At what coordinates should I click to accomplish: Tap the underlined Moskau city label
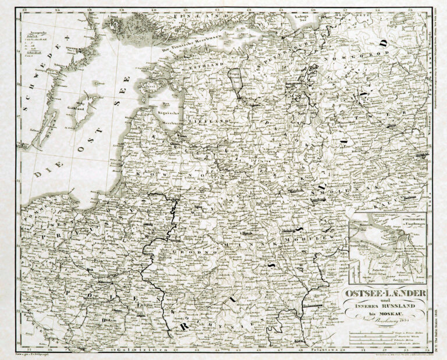pos(424,154)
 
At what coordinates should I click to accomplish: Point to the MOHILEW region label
pos(300,239)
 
